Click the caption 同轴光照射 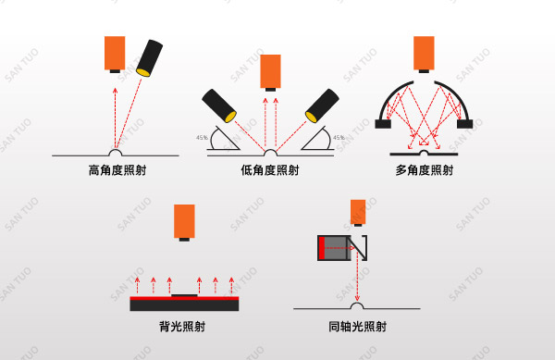tap(357, 327)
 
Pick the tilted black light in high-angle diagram tap(148, 58)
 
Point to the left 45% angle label tap(202, 138)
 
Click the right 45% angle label tap(339, 138)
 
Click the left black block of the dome tap(385, 123)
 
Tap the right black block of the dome tap(463, 123)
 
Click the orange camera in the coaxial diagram tap(358, 211)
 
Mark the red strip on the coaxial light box tap(321, 247)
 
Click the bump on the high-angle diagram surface tap(116, 150)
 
